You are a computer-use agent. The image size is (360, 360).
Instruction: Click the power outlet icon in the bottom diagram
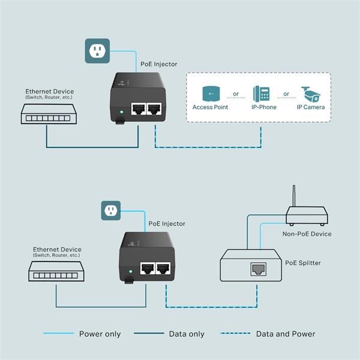[110, 211]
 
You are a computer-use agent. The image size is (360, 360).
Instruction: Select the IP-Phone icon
[261, 94]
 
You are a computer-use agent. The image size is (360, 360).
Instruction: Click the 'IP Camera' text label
[311, 107]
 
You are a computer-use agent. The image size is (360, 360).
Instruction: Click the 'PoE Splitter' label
[303, 263]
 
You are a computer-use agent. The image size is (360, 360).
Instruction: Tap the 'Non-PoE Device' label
[307, 234]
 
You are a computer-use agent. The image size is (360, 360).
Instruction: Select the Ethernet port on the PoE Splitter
[259, 269]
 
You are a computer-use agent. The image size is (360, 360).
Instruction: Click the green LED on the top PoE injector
[122, 112]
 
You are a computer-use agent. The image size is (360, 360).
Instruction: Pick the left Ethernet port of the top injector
[139, 110]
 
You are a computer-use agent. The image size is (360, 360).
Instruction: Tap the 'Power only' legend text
[100, 334]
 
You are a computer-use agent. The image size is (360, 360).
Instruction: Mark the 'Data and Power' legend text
[285, 334]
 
